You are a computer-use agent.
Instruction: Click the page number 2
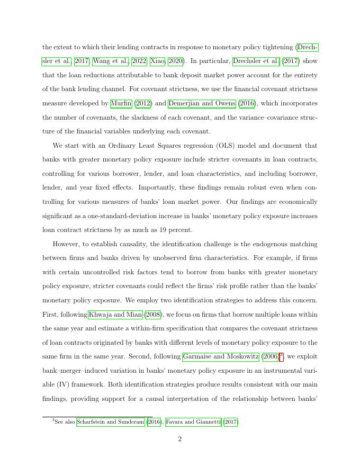pos(180,439)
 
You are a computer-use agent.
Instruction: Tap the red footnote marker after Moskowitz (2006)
pos(281,356)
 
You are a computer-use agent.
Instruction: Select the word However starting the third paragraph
pos(67,244)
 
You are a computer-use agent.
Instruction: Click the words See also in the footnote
pos(66,422)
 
